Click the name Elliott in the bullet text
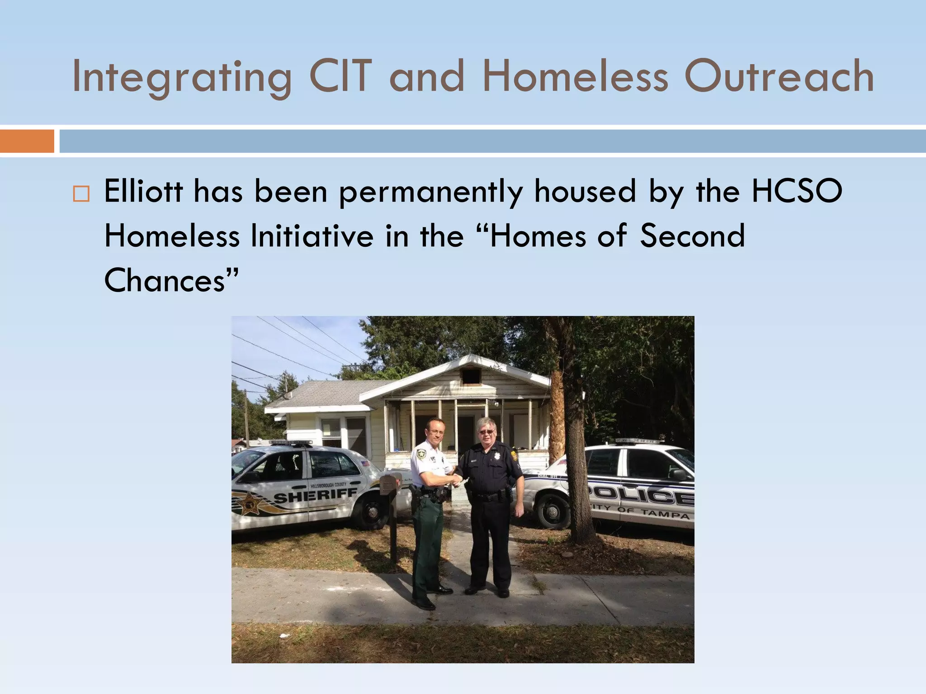pos(143,191)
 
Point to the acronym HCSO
pos(797,191)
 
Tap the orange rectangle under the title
pos(27,141)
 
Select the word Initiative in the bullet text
pos(312,236)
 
